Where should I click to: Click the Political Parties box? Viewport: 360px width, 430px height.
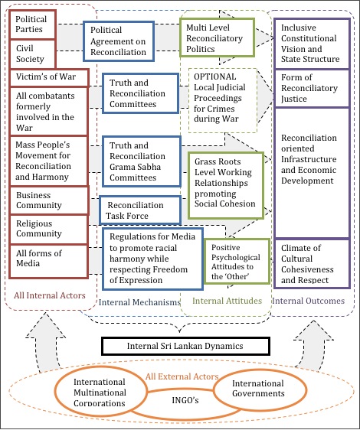coord(33,24)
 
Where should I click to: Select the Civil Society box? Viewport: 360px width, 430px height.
coord(33,54)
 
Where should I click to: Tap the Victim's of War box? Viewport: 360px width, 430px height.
coord(49,77)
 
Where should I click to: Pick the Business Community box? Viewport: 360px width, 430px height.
coord(49,200)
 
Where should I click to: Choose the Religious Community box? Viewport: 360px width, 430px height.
coord(48,229)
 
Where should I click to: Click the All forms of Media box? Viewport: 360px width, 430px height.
coord(48,261)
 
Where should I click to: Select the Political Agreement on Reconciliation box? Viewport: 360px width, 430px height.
coord(119,41)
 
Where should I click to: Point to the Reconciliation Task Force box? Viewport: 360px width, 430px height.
coord(140,210)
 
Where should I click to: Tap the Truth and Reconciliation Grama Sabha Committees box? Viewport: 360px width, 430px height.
coord(142,161)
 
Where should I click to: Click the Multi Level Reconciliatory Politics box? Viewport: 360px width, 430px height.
coord(217,37)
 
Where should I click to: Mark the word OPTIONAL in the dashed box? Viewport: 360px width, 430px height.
coord(214,77)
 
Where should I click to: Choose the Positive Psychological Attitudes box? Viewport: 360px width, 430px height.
coord(237,261)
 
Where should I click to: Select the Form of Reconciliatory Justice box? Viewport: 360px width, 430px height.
coord(312,88)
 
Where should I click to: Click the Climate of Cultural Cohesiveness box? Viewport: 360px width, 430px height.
coord(312,264)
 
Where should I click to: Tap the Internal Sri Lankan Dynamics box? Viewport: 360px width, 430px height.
coord(185,346)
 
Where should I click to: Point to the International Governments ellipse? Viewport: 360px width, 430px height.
coord(260,389)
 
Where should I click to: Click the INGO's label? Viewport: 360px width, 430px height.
coord(185,400)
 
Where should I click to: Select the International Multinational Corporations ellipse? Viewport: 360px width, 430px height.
coord(100,393)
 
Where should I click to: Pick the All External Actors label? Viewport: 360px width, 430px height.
coord(182,376)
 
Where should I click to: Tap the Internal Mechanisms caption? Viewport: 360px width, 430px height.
coord(139,302)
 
